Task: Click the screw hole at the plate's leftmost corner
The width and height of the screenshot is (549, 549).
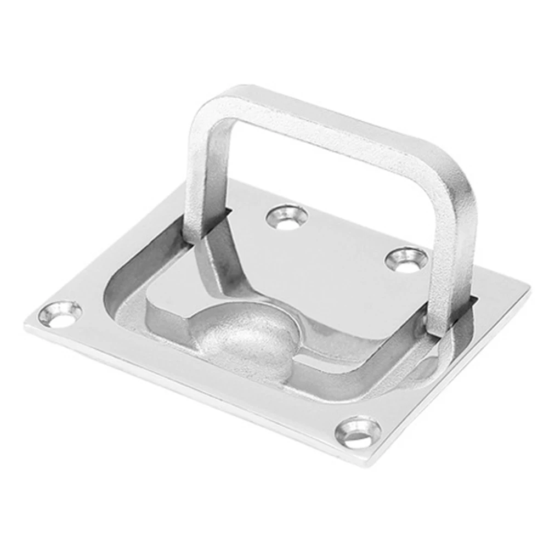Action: click(x=60, y=314)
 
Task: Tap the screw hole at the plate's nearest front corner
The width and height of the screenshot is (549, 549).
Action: click(x=358, y=431)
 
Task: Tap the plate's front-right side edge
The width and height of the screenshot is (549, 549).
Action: click(x=455, y=378)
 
